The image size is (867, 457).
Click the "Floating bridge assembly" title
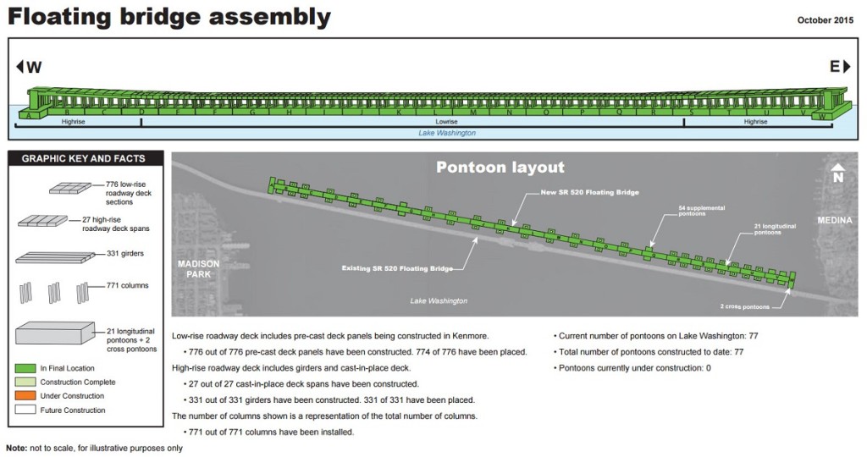(169, 17)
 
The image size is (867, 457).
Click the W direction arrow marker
(28, 68)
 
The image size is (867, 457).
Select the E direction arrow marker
(837, 68)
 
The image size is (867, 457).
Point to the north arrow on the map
(837, 173)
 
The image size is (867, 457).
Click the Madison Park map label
(198, 268)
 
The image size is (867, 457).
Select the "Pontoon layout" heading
(500, 168)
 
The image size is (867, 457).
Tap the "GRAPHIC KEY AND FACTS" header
(83, 158)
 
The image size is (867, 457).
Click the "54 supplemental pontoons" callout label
(695, 210)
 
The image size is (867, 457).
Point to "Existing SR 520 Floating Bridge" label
(396, 268)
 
